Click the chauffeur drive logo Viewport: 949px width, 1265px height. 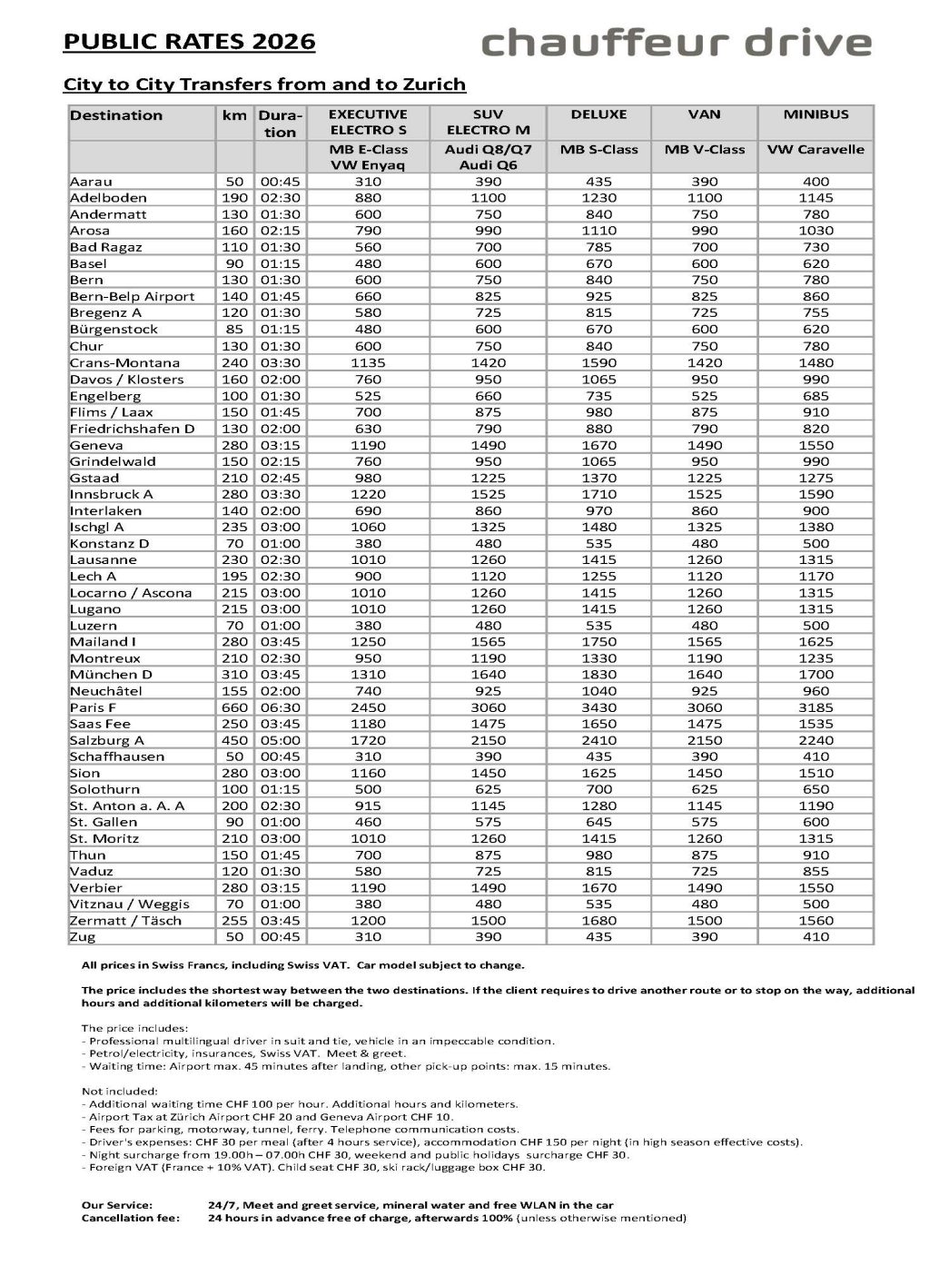676,43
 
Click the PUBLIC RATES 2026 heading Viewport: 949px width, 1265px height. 189,42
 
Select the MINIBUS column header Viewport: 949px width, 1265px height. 816,115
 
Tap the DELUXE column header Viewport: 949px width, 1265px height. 598,115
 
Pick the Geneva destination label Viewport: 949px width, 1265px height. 96,445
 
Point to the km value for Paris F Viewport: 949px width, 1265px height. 234,707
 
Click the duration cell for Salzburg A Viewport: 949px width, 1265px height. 280,740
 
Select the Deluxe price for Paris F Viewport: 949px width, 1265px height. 598,707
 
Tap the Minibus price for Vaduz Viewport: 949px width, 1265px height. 816,871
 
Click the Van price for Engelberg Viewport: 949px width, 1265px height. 704,396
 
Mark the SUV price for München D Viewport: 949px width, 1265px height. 488,675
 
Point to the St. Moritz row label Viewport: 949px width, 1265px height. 104,838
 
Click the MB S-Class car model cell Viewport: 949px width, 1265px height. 598,150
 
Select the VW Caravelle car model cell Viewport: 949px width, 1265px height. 816,150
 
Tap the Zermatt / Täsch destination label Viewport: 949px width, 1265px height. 125,920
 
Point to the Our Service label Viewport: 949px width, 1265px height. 116,1204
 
